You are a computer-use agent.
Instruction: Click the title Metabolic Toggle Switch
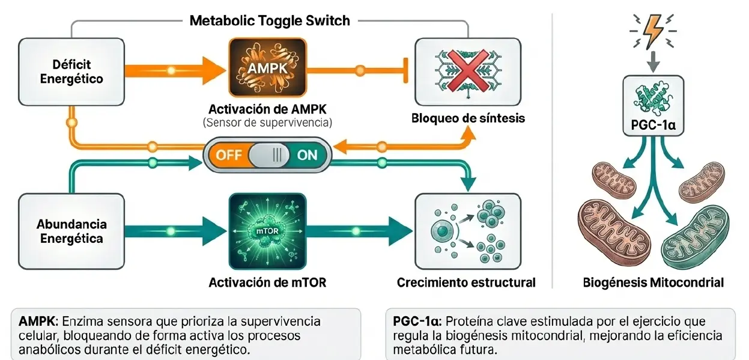[270, 20]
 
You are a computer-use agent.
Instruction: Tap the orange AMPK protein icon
[268, 68]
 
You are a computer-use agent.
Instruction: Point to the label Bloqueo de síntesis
[468, 118]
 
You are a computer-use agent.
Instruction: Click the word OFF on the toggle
[229, 154]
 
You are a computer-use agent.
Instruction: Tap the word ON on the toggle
[307, 154]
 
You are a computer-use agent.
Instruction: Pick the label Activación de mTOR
[268, 281]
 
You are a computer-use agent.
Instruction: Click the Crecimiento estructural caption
[466, 281]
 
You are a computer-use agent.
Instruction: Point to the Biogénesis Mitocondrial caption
[653, 281]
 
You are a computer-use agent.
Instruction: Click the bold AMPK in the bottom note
[37, 320]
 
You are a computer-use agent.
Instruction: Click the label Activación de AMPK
[268, 110]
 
